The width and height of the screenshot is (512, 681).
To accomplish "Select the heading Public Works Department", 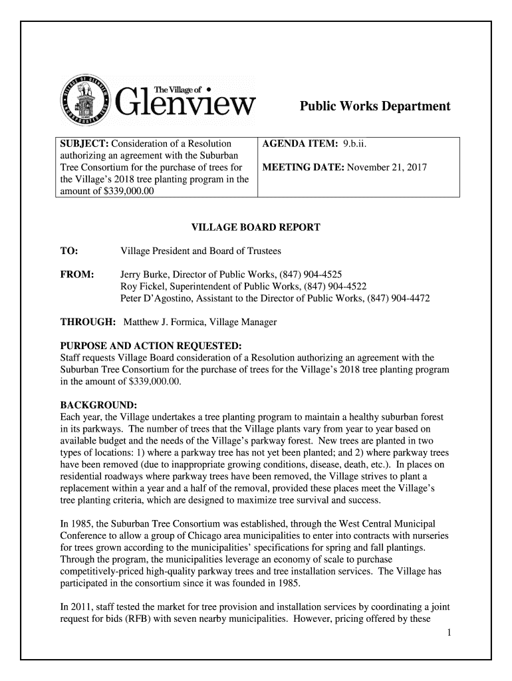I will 374,106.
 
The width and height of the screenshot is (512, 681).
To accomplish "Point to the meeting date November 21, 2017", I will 389,168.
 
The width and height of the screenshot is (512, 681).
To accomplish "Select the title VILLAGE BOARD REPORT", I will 255,228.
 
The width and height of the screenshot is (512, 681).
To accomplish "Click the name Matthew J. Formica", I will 164,323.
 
